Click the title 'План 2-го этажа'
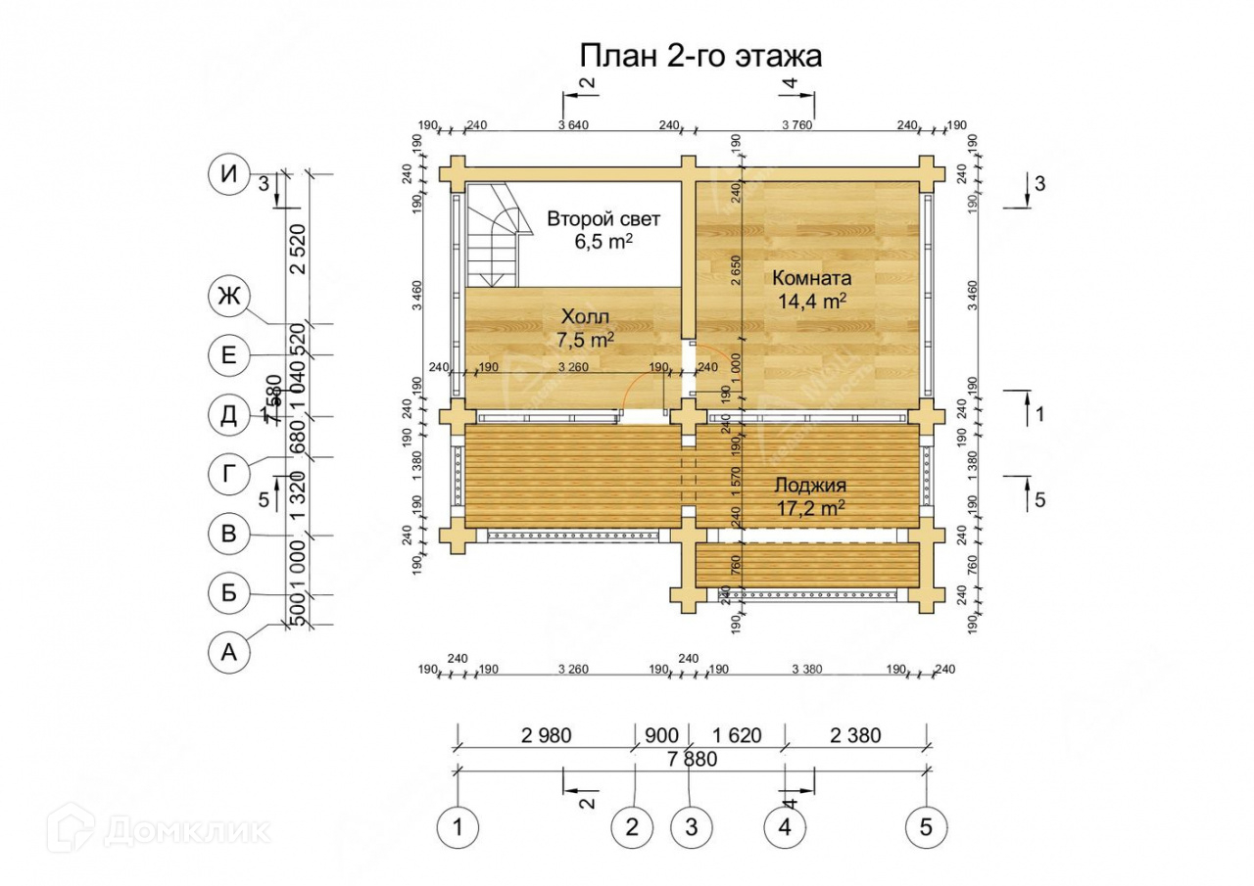[x=700, y=56]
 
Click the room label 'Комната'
[x=812, y=276]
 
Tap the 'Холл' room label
[x=585, y=317]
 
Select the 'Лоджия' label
[x=810, y=485]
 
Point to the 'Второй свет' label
[x=603, y=218]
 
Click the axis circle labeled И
[x=229, y=175]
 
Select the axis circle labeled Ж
[x=229, y=296]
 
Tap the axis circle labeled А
[x=229, y=653]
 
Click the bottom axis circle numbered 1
[x=457, y=827]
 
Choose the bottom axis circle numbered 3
[x=691, y=827]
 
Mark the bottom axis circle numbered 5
[x=927, y=827]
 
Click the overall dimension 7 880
[x=692, y=759]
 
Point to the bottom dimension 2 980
[x=546, y=735]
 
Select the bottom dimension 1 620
[x=737, y=735]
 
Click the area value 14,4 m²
[x=812, y=302]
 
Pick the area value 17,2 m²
[x=810, y=508]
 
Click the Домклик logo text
[x=186, y=831]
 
